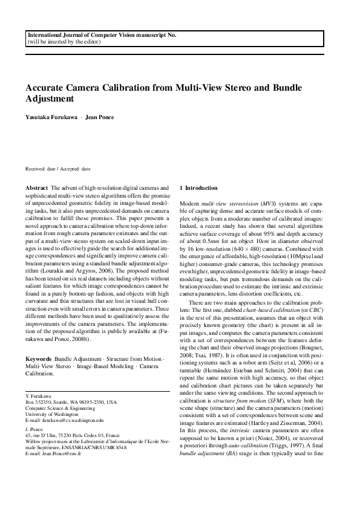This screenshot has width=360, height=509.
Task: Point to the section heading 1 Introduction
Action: [x=203, y=189]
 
